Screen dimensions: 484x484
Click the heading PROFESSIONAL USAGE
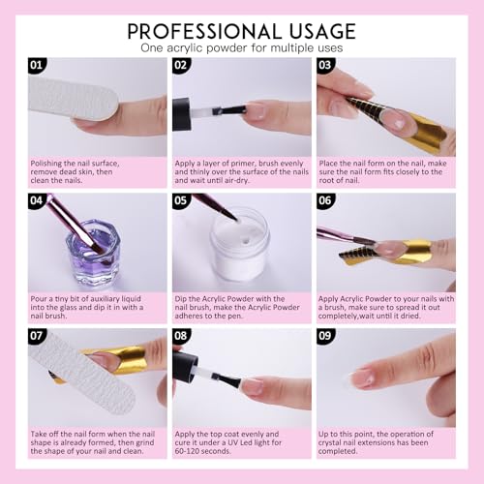pyautogui.click(x=241, y=29)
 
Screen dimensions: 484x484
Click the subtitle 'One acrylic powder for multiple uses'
pyautogui.click(x=241, y=47)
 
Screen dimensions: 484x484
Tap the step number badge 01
pyautogui.click(x=37, y=67)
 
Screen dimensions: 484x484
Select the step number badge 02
pyautogui.click(x=181, y=67)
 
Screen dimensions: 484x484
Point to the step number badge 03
pyautogui.click(x=325, y=67)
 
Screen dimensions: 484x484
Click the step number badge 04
pyautogui.click(x=37, y=201)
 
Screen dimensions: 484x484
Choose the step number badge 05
pyautogui.click(x=181, y=201)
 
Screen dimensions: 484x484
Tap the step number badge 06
pyautogui.click(x=325, y=201)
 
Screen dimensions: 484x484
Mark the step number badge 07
pyautogui.click(x=37, y=337)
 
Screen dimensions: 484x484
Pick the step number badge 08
pyautogui.click(x=181, y=337)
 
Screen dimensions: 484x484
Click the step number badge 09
pyautogui.click(x=325, y=337)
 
